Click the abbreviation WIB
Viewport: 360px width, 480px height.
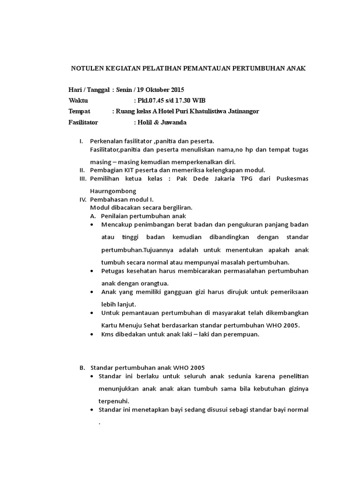coord(199,100)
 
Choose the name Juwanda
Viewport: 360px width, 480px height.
coord(172,122)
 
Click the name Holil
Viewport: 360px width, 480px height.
coord(145,122)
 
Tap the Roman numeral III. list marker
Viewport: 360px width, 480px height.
coord(83,179)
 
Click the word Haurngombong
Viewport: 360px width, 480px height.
coord(113,191)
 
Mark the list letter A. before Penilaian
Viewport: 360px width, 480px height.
coord(93,216)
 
